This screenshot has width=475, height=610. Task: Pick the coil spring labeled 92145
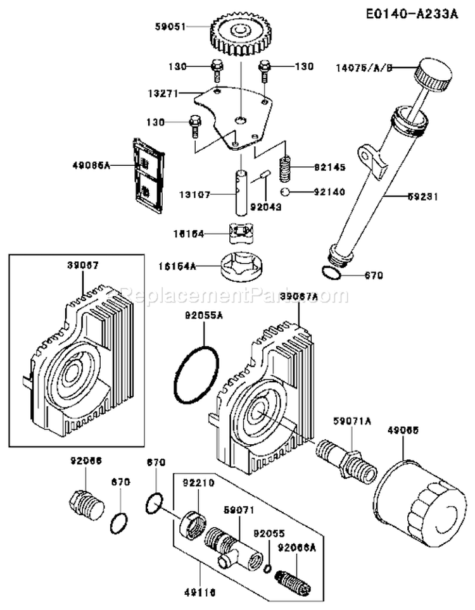pyautogui.click(x=287, y=168)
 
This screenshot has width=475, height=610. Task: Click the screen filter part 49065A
pyautogui.click(x=146, y=172)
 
